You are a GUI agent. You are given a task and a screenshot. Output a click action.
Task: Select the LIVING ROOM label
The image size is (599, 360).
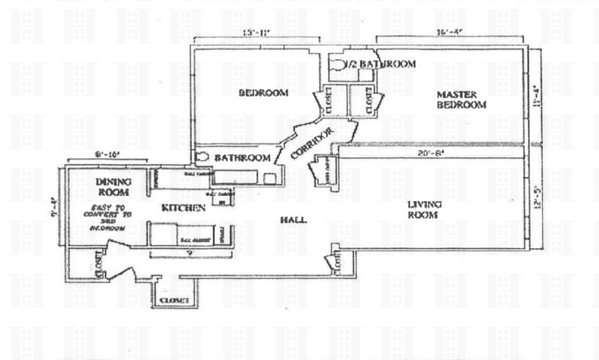(x=424, y=209)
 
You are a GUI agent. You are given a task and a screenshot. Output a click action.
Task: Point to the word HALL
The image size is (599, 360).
(x=293, y=220)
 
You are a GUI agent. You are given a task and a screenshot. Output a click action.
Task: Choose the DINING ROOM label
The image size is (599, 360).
(x=113, y=186)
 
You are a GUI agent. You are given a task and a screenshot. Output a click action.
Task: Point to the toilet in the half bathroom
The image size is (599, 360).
(x=340, y=66)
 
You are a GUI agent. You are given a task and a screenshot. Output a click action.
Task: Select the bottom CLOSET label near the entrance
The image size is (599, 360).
(x=175, y=301)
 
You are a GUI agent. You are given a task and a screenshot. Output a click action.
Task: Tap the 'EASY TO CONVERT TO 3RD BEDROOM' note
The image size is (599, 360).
(x=112, y=217)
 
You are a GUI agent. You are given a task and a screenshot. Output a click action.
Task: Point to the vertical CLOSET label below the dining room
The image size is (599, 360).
(x=100, y=266)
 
